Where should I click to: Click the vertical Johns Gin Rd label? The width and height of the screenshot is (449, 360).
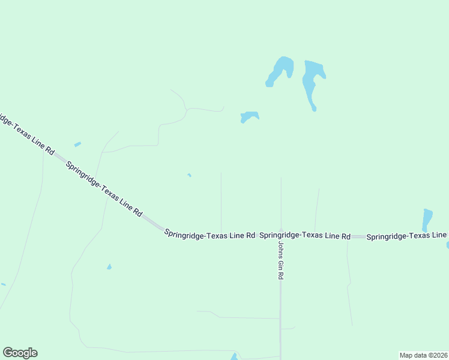pos(280,261)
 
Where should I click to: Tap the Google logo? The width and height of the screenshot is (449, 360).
pos(20,353)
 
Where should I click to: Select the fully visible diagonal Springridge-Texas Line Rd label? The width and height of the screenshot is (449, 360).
pos(104,189)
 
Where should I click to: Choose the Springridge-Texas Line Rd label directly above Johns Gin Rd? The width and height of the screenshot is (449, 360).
pos(304,236)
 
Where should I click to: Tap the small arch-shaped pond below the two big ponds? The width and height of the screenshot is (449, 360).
pos(249,115)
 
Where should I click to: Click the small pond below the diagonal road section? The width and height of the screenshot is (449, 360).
pos(109,266)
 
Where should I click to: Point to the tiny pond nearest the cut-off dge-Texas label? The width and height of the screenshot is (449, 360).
pos(77,144)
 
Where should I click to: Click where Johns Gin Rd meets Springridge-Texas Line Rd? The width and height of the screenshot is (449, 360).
pos(280,236)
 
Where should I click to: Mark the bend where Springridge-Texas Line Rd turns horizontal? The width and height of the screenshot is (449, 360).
pos(161,229)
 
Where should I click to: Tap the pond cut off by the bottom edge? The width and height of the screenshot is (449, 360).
pos(234,356)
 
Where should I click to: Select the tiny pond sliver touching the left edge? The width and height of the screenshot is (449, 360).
pos(2,284)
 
